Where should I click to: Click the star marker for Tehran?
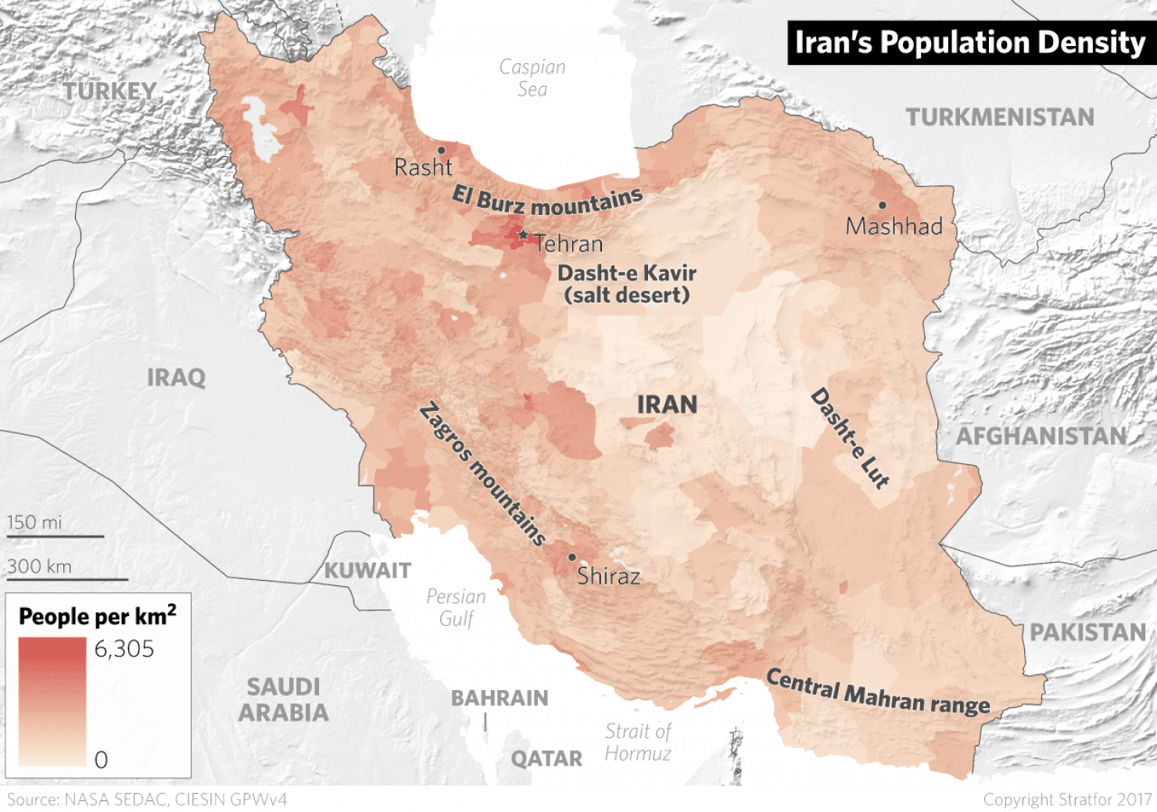coord(523,234)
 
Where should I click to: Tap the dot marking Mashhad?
coord(882,206)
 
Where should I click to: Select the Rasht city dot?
coord(441,150)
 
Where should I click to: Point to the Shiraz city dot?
coord(571,557)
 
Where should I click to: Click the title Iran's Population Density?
coord(969,42)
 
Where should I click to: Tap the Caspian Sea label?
coord(532,77)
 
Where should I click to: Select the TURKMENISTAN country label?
coord(1000,117)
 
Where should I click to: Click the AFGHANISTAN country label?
coord(1041,436)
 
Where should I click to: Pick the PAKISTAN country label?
coord(1087,631)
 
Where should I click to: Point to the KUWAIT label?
coord(367,571)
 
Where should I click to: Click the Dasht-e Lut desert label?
coord(850,438)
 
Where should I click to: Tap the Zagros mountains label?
coord(482,474)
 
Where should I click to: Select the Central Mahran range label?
coord(877,691)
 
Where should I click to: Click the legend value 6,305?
coord(124,649)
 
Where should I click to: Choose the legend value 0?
coord(101,760)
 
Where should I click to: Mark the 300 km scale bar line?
coord(67,579)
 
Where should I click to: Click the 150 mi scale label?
coord(34,522)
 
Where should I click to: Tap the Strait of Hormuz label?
coord(638,742)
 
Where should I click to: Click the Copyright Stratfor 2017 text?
coord(1067,799)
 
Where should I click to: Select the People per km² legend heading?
coord(97,616)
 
